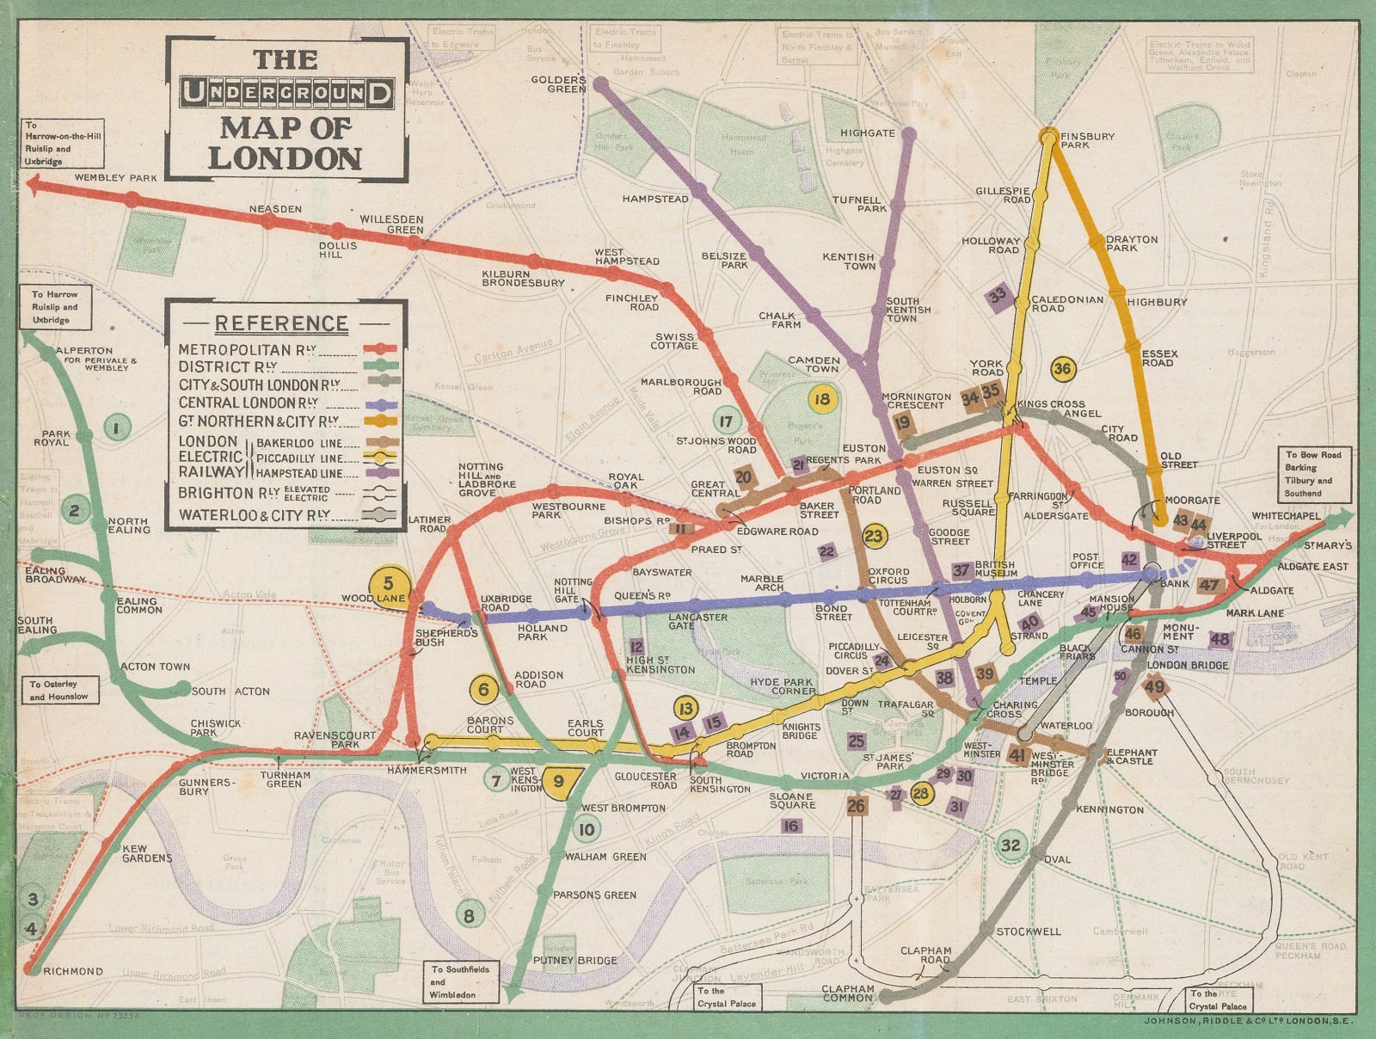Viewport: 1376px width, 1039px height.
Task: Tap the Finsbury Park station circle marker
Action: coord(1048,135)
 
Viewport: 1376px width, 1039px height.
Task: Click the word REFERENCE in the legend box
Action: coord(281,324)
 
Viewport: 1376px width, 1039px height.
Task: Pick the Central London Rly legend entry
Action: coord(249,403)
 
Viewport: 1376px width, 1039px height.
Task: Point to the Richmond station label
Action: coord(73,971)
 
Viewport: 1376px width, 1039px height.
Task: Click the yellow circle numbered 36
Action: coord(1063,369)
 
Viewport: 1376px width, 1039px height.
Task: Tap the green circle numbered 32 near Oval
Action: coord(1010,845)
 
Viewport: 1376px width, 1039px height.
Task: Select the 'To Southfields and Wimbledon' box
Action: coord(461,981)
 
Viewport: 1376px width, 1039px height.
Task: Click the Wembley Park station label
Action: coord(116,178)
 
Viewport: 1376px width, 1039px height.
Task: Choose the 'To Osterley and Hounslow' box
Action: coord(58,690)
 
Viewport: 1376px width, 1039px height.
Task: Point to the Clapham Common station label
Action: coord(848,993)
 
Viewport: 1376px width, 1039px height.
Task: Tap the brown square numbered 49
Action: coord(1154,686)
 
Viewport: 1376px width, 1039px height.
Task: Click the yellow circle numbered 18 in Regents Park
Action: coord(823,399)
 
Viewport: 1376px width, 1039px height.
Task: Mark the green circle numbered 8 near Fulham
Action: coord(469,916)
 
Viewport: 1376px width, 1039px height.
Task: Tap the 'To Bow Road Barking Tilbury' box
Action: coord(1312,474)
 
